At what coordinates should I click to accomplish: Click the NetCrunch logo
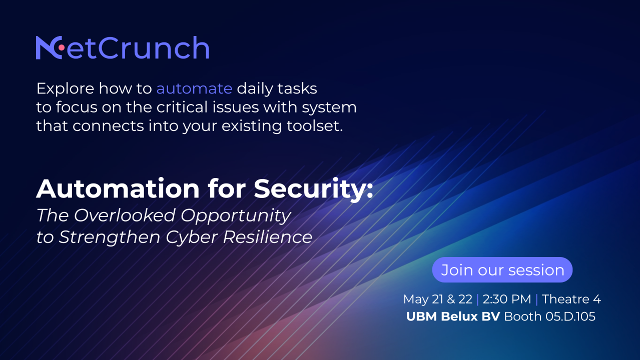(x=122, y=48)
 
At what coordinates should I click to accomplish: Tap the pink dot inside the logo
(x=61, y=47)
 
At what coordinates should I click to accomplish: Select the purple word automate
(x=194, y=88)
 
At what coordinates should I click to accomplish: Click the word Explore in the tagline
(x=65, y=88)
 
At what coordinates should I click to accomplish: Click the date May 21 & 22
(x=437, y=299)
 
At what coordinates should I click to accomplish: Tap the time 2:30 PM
(x=506, y=299)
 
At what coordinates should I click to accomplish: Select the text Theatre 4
(x=571, y=299)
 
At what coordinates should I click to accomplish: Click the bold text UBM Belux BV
(x=453, y=316)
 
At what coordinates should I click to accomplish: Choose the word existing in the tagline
(x=239, y=125)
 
